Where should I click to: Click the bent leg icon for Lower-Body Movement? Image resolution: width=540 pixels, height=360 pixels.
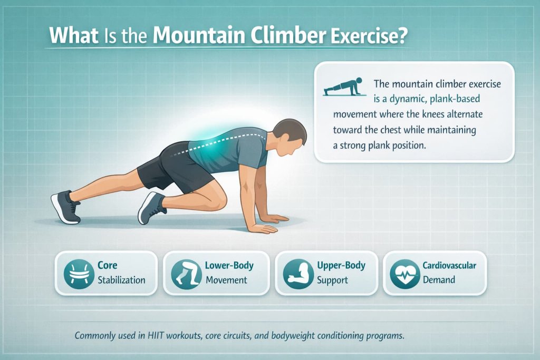point(186,272)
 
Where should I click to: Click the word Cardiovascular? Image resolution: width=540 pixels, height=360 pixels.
point(449,265)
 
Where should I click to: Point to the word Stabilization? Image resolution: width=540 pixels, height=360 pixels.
point(121,280)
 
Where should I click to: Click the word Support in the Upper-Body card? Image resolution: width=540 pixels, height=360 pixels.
point(332,280)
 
